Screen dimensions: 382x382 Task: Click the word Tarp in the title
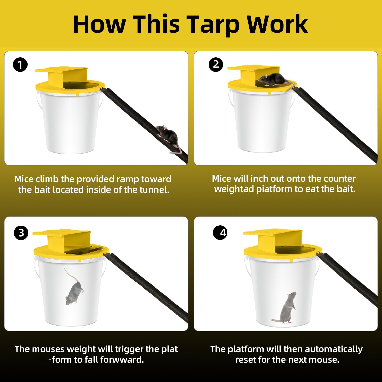(214, 24)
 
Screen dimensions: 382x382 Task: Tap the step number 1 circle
(20, 65)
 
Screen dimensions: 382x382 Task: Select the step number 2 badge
(216, 64)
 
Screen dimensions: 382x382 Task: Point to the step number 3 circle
(21, 233)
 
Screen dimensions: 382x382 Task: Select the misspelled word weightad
(234, 189)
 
